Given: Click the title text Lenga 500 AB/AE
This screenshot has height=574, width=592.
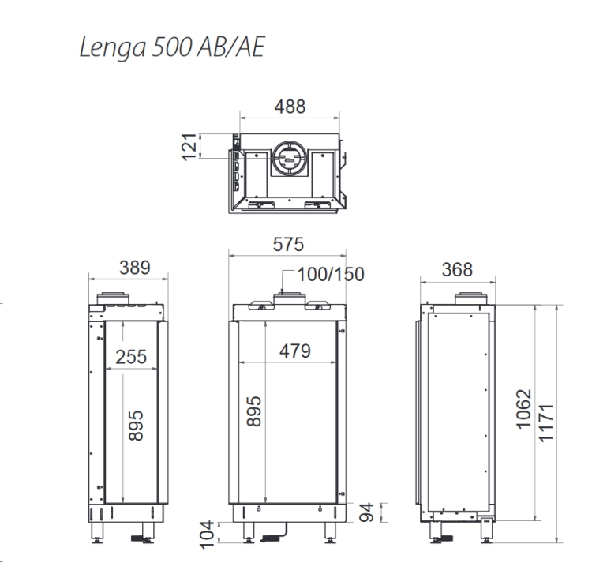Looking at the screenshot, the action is pos(172,47).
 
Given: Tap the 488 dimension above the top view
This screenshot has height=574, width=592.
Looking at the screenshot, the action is pos(290,107).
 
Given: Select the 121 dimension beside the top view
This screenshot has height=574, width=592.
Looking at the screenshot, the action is pos(189,147).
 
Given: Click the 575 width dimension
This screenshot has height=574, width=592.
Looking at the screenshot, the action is pos(288,244).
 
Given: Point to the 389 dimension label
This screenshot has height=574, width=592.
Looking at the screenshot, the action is pos(135,268).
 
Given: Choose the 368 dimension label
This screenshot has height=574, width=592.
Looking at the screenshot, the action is pos(457,269).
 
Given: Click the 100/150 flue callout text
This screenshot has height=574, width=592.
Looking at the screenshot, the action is pos(331,274).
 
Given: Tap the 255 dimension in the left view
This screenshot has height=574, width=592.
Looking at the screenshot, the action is pos(130,357).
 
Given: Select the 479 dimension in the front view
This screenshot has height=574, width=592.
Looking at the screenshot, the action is pos(295,351).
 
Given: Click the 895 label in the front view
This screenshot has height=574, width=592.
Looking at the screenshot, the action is pos(254,411).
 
